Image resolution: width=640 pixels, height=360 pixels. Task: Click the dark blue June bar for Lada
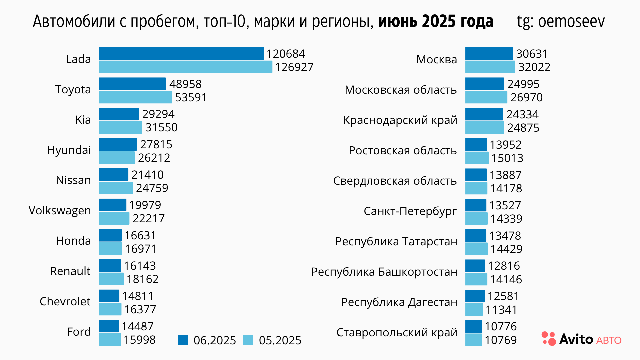tap(181, 53)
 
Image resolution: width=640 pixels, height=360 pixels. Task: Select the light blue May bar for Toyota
tap(136, 97)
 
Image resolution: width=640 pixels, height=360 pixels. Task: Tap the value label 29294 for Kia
tap(158, 114)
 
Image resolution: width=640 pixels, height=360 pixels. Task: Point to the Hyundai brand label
tap(69, 150)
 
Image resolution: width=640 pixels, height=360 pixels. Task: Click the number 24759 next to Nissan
tap(152, 188)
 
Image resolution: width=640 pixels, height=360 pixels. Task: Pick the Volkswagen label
tap(60, 210)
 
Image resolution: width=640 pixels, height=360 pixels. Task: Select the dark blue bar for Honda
tap(110, 235)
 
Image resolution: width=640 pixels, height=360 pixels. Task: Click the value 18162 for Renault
tap(143, 279)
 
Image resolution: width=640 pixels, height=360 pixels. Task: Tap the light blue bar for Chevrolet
tap(110, 309)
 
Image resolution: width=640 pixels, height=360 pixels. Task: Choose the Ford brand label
tap(79, 332)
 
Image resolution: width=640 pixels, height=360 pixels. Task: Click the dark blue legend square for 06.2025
tap(183, 340)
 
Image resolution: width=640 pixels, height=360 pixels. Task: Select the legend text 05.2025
tap(280, 340)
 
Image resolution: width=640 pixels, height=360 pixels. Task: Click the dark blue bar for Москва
tap(489, 53)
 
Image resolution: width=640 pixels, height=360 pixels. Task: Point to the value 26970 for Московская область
tap(527, 97)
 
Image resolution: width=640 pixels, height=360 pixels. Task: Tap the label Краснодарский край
tap(400, 120)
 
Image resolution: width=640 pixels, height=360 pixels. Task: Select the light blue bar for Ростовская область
tap(477, 158)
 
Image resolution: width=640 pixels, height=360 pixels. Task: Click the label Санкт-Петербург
tap(410, 211)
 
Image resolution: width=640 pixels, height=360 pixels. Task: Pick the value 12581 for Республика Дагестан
tap(503, 296)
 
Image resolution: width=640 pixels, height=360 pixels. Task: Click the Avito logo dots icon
tap(549, 338)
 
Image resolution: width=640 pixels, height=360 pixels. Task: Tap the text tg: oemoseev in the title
tap(561, 21)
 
